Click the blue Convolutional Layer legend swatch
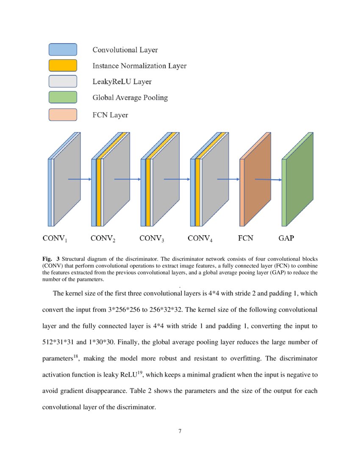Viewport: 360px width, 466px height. [63, 50]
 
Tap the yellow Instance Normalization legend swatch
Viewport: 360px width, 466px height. [63, 65]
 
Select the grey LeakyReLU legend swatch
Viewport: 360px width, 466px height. [63, 81]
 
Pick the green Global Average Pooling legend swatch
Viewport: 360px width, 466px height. [63, 97]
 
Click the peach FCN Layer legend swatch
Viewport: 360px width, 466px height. [63, 115]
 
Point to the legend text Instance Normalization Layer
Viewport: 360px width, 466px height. [139, 66]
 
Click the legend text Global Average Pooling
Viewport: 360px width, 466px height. [130, 98]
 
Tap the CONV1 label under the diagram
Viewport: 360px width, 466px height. [55, 239]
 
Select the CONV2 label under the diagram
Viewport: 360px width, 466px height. [103, 239]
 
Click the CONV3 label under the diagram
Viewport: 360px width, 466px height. [152, 239]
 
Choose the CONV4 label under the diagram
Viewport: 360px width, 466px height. [200, 239]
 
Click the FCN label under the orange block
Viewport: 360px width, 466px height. [246, 238]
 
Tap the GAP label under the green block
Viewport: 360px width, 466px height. [286, 238]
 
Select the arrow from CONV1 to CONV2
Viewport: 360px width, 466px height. [80, 179]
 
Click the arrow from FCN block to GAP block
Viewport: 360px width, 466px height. [268, 180]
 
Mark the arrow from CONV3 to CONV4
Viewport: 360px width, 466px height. [176, 179]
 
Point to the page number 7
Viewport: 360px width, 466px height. [180, 431]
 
